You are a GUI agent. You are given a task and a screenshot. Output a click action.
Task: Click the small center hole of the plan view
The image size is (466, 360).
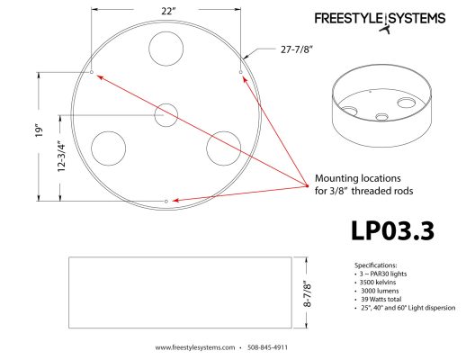click(x=166, y=114)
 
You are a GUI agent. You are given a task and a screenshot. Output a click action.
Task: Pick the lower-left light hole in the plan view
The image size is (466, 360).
click(x=108, y=147)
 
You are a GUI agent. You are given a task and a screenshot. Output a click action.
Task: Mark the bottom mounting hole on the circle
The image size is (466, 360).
click(x=166, y=199)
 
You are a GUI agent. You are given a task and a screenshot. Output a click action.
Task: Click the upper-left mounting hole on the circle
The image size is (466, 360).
click(x=93, y=71)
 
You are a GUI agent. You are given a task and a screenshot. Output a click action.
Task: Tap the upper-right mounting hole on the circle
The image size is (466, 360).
click(x=240, y=71)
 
